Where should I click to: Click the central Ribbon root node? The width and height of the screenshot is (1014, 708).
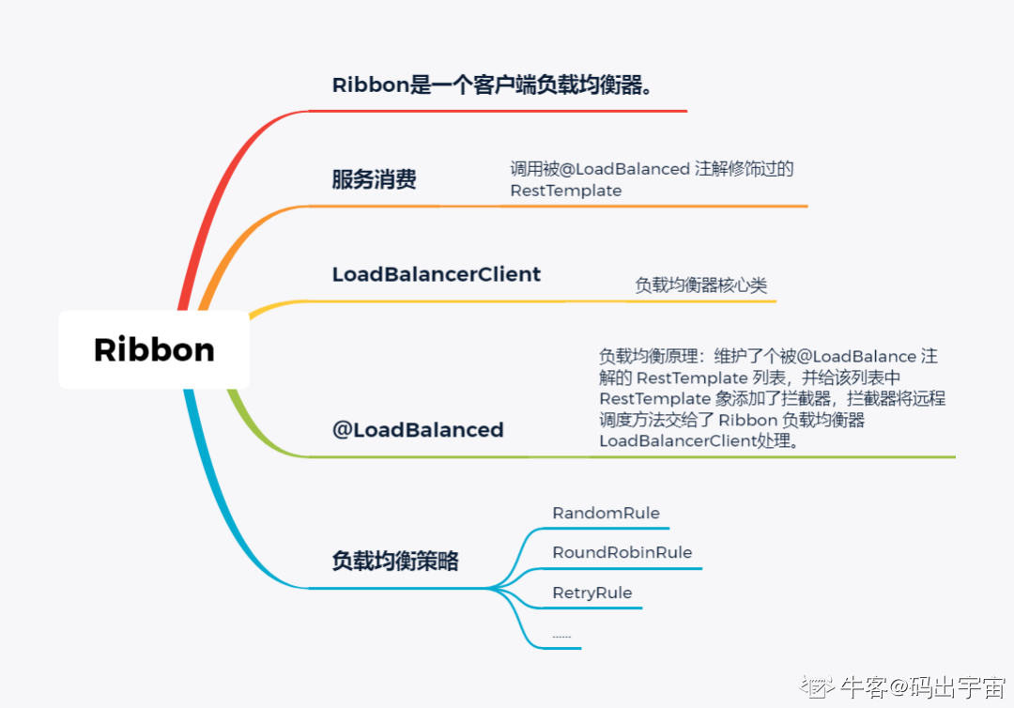154,349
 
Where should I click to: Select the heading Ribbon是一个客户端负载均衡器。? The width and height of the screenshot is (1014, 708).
492,85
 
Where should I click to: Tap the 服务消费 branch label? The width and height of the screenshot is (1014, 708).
374,180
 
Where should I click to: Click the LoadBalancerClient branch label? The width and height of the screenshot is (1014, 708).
437,274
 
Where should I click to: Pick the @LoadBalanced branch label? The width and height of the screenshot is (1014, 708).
418,430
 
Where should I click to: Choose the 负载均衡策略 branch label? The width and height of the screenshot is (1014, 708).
395,561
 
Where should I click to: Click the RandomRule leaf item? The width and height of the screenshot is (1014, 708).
606,513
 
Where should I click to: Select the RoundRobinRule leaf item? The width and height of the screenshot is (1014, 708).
622,552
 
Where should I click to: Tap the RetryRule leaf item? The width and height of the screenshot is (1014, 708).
591,593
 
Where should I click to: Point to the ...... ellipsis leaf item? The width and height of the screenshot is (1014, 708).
561,636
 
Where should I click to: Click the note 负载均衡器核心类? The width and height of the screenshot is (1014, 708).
701,285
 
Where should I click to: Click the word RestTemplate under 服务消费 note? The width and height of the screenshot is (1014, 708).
565,191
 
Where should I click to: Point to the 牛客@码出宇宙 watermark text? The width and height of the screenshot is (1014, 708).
923,686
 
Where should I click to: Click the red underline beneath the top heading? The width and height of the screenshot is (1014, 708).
498,111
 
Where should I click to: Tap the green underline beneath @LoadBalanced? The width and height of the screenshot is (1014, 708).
629,457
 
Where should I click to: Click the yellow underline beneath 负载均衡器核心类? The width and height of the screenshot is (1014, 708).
704,301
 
